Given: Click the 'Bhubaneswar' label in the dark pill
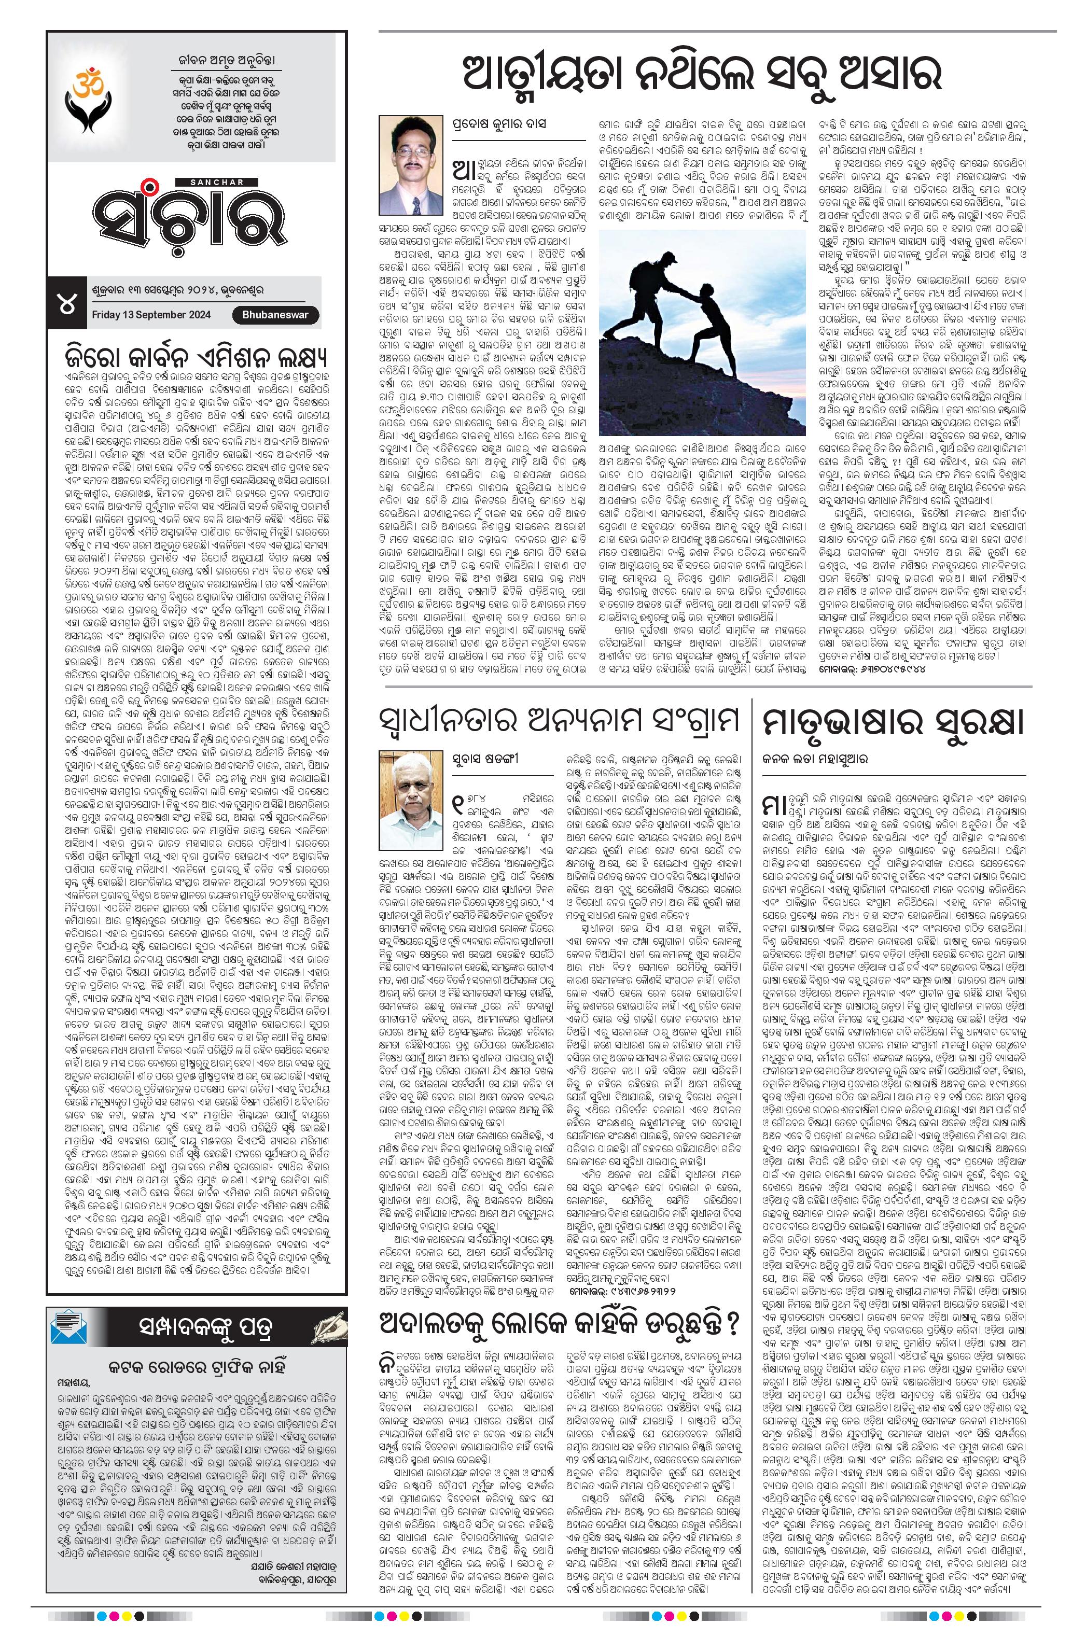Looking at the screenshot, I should coord(275,315).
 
